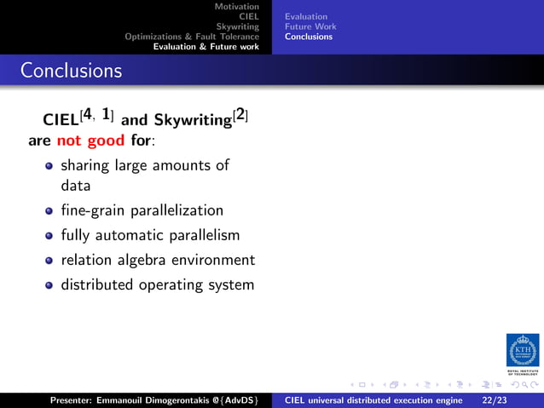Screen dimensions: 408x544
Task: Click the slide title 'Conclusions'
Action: [x=72, y=70]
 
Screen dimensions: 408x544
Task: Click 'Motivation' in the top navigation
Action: [x=236, y=6]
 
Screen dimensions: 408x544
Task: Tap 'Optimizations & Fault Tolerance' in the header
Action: [x=192, y=37]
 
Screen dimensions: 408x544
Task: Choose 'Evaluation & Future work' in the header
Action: [x=205, y=47]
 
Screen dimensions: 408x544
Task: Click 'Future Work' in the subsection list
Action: [x=310, y=26]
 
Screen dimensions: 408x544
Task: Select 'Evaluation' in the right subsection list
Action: [x=306, y=16]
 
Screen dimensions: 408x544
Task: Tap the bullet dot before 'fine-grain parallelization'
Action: [x=49, y=210]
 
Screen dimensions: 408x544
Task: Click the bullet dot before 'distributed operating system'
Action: [x=49, y=284]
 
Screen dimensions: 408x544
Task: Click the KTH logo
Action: [x=522, y=351]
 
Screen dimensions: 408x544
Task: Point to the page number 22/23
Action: [x=494, y=399]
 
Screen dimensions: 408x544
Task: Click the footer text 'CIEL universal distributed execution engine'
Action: [x=373, y=399]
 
